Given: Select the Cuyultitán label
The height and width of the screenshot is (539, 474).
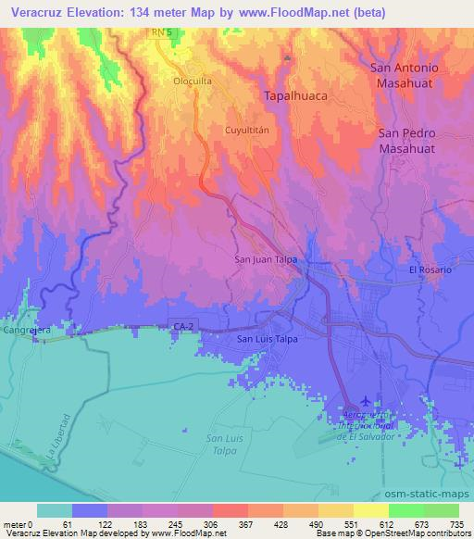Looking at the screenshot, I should [246, 132].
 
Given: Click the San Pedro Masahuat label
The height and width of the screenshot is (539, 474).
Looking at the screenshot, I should [414, 141].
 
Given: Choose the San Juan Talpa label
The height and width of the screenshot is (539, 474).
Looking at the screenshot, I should [266, 260].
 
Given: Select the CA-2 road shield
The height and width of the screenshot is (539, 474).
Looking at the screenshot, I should [183, 325].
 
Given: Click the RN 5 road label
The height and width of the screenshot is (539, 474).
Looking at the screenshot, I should [164, 32].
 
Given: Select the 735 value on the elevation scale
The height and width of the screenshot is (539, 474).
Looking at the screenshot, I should [457, 523].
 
